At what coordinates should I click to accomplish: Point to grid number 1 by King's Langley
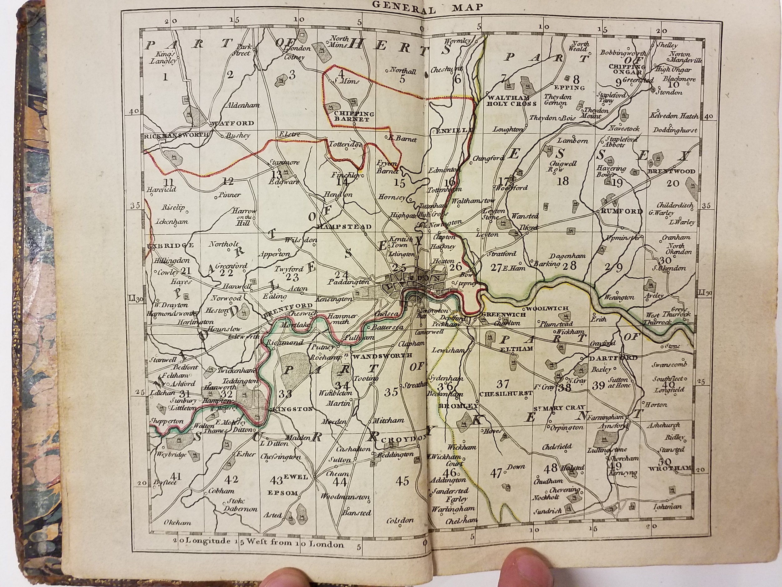tap(165, 76)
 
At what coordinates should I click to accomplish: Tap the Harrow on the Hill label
tap(244, 217)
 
